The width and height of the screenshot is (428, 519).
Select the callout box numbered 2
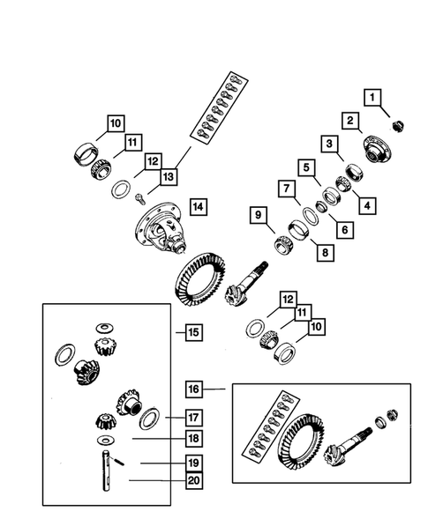coord(350,120)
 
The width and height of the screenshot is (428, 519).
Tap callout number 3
coord(328,144)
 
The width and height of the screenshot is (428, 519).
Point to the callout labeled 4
coord(364,205)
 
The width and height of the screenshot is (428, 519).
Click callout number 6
coord(340,228)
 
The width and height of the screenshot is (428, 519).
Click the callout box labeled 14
coord(198,207)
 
